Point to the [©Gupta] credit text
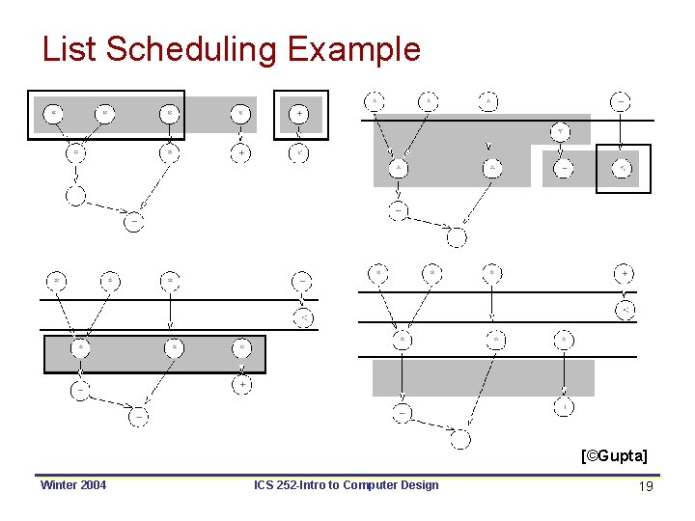(614, 454)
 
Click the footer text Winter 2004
(73, 484)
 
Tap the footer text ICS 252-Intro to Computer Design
(346, 484)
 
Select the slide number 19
(647, 485)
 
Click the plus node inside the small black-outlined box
(300, 114)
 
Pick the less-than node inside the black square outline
(623, 169)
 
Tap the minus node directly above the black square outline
(623, 100)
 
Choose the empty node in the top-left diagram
(75, 195)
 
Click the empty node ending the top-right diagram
(457, 236)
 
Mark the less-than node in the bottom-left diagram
(301, 318)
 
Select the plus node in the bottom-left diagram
(242, 384)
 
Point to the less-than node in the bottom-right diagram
(625, 310)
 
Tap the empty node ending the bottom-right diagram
(460, 440)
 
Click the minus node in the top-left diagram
(134, 221)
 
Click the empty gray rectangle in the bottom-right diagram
(483, 377)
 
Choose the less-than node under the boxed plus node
(300, 152)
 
